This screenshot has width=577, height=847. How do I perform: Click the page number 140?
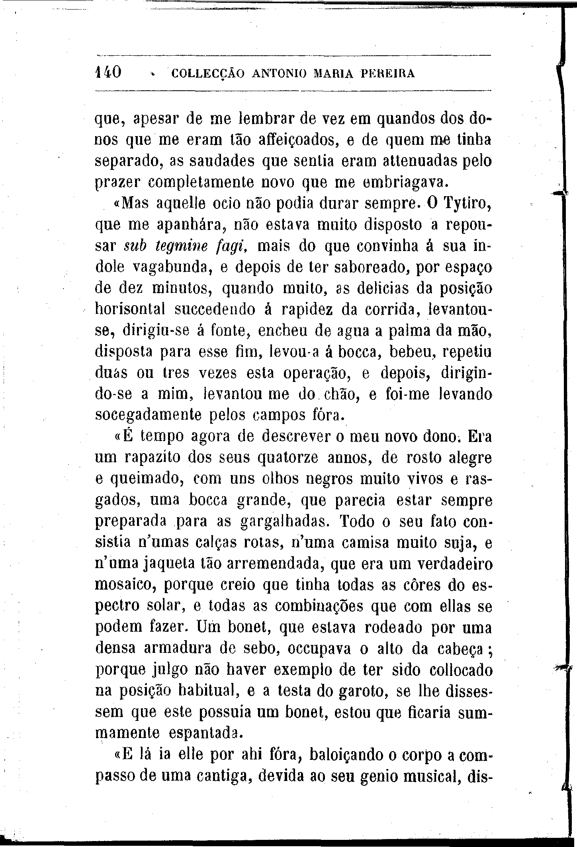click(109, 72)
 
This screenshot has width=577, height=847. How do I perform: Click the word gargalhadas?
click(285, 522)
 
